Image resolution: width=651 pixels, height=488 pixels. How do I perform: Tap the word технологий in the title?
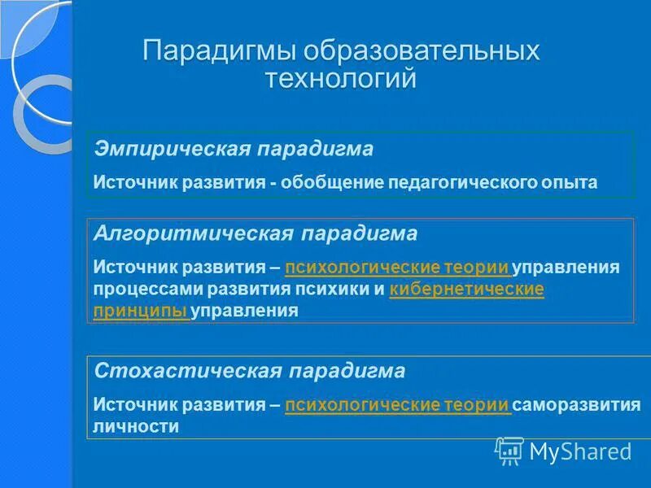(x=341, y=78)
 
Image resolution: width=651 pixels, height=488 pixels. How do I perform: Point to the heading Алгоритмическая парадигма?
(x=256, y=234)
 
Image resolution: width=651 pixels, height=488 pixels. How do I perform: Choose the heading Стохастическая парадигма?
(x=250, y=372)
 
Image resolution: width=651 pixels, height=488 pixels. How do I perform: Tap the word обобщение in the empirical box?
(x=325, y=182)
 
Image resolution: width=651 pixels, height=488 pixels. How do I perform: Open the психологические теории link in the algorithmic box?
(x=397, y=267)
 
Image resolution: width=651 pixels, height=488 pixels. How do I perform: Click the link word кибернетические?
(x=467, y=289)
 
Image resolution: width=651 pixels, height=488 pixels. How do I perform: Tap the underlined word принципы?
(x=141, y=310)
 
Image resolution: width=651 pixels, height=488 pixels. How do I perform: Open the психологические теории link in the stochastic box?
(x=397, y=404)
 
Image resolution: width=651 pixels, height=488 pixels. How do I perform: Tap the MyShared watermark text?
(x=580, y=451)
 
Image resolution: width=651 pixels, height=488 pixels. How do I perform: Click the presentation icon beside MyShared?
(x=509, y=450)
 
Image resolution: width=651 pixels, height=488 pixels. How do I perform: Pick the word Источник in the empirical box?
(x=133, y=182)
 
